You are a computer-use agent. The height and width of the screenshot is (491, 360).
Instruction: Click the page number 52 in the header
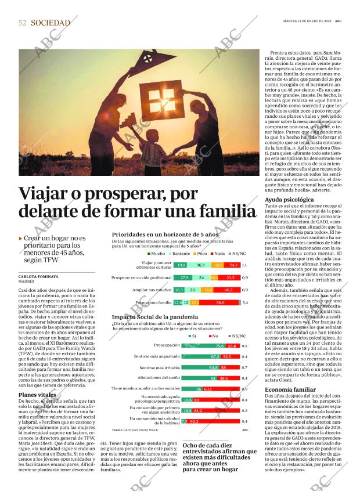tap(23, 23)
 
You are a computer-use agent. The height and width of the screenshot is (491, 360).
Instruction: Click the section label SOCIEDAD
tap(51, 23)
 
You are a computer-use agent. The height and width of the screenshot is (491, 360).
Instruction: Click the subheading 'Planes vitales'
tap(37, 395)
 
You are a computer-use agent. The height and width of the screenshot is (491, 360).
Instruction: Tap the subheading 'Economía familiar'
tap(291, 389)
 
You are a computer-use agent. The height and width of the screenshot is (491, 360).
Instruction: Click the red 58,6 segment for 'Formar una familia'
tap(219, 302)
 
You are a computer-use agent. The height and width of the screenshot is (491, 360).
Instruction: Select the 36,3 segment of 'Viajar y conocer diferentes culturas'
tap(200, 265)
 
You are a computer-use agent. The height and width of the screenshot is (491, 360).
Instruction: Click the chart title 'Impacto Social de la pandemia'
tap(155, 317)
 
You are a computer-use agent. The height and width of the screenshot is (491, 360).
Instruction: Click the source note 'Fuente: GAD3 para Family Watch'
tap(135, 430)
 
